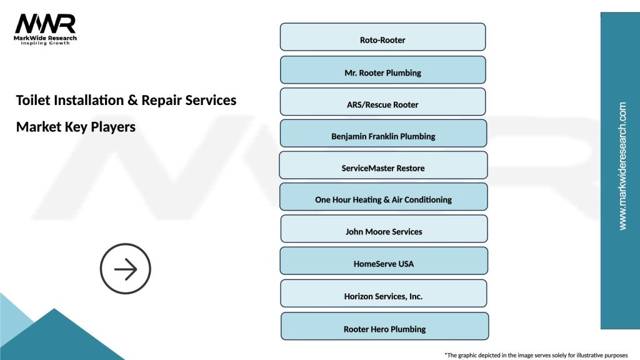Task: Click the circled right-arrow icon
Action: click(x=126, y=269)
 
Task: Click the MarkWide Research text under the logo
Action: click(x=46, y=38)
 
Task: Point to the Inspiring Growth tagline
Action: click(x=46, y=44)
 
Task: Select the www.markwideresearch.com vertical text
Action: click(x=622, y=166)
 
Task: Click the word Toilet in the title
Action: click(x=31, y=100)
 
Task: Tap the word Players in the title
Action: click(x=113, y=127)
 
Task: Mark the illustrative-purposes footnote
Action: click(x=535, y=355)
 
